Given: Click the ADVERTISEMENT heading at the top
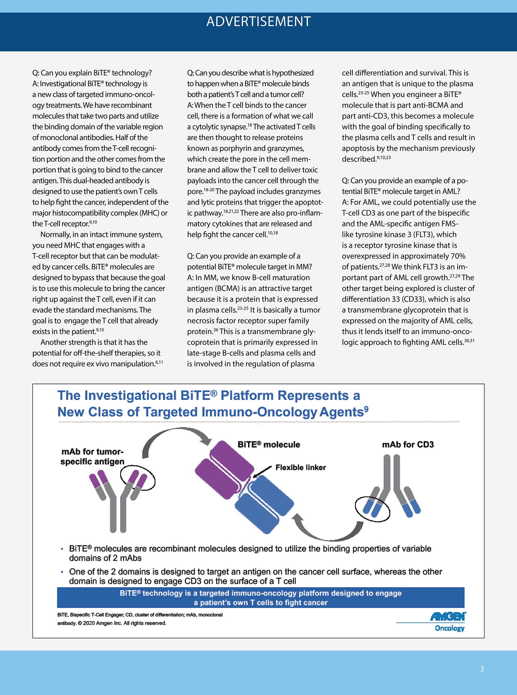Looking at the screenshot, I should pyautogui.click(x=258, y=22).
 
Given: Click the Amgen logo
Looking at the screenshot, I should pyautogui.click(x=448, y=616).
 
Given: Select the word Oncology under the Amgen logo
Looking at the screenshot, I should pyautogui.click(x=450, y=628).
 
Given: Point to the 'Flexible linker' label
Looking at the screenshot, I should pyautogui.click(x=300, y=468).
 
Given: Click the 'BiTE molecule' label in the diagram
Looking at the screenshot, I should pyautogui.click(x=269, y=445).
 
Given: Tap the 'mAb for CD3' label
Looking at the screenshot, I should pyautogui.click(x=408, y=445).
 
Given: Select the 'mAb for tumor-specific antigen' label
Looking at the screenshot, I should pyautogui.click(x=92, y=456).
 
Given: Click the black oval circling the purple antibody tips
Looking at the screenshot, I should pyautogui.click(x=138, y=478).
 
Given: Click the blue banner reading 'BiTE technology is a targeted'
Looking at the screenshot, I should pyautogui.click(x=260, y=598).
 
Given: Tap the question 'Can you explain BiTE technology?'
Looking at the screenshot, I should pyautogui.click(x=92, y=73).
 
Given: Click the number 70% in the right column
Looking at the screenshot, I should pyautogui.click(x=458, y=256).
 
